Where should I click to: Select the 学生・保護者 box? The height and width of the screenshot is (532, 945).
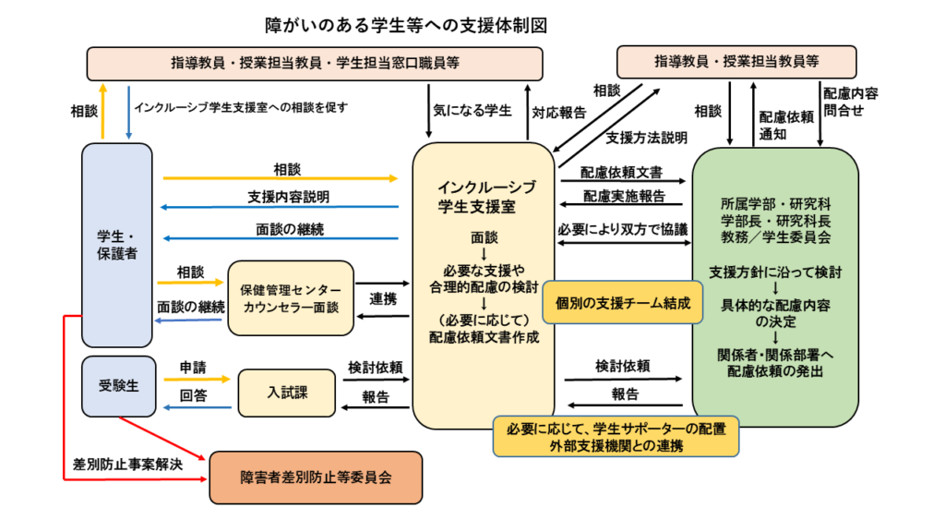point(116,245)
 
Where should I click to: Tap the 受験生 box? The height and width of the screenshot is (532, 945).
point(116,386)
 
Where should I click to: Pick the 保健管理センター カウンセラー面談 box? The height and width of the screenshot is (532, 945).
point(291,296)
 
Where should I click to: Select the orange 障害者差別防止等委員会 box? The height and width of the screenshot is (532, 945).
point(316,478)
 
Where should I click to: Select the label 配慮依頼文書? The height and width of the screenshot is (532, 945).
point(621,172)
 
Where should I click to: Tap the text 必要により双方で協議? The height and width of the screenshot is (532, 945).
point(623,229)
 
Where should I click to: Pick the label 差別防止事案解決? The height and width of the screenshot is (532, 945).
point(127,464)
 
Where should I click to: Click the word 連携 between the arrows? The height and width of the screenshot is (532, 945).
point(383,299)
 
